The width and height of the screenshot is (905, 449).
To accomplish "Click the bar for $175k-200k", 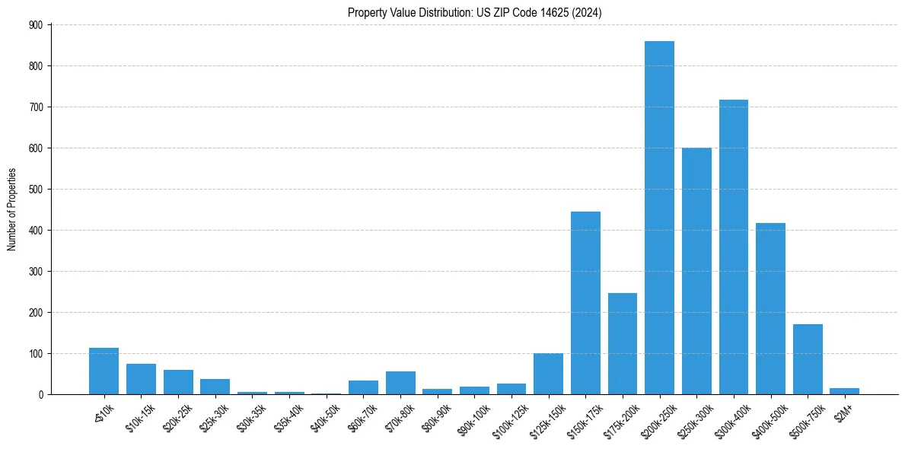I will pos(623,343).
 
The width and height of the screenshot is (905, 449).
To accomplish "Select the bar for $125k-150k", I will pos(548,374).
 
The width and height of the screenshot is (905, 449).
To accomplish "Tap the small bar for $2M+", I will pos(845,391).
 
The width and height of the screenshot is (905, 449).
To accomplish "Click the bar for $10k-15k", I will pos(141,379).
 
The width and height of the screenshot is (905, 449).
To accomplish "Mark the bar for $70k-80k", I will pos(400,383).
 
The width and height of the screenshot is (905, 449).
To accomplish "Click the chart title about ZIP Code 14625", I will pos(475,12).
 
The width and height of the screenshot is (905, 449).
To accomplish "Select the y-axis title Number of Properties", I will pos(12,209).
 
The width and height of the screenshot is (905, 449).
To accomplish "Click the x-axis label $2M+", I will pos(843,411).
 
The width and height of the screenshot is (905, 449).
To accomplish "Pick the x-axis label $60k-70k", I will pos(360,416).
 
